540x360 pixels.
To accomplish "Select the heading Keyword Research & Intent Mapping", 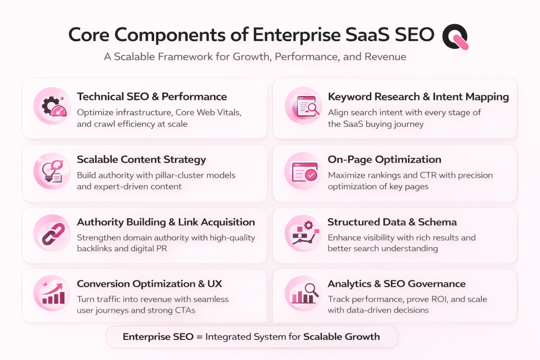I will click(x=418, y=96).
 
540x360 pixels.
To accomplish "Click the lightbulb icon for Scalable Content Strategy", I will click(x=52, y=169).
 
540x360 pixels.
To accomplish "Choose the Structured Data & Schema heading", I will click(x=392, y=222).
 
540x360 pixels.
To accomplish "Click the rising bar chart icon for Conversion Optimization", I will click(x=52, y=293).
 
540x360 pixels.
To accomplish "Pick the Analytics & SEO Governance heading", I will click(x=397, y=284).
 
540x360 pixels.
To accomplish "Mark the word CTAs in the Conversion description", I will click(x=180, y=310).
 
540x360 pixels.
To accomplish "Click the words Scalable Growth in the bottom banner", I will click(x=341, y=336).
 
